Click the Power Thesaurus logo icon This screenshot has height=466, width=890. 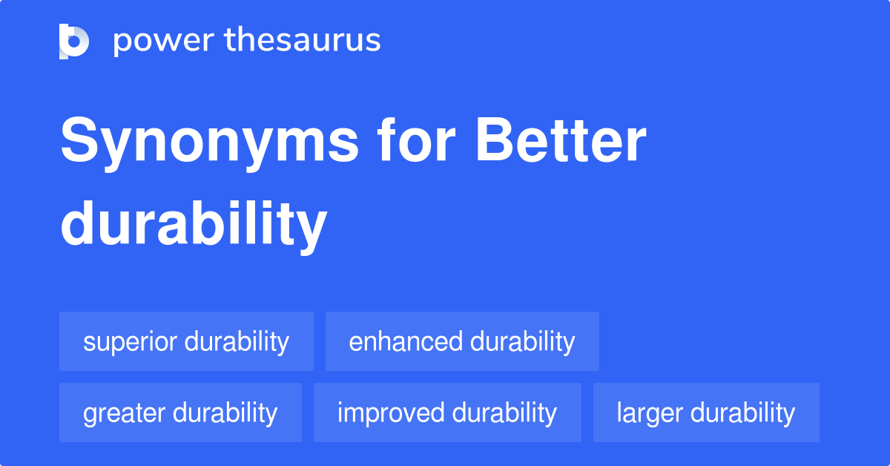(74, 41)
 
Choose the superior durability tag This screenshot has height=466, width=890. (186, 341)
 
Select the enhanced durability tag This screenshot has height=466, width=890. (462, 341)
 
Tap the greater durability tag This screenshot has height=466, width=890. (180, 413)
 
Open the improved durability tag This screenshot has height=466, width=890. (447, 413)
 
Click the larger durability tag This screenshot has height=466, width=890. (706, 413)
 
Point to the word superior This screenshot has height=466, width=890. (130, 342)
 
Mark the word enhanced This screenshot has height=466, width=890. (406, 341)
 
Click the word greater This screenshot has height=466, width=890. (124, 413)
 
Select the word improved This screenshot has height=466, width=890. (390, 413)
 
